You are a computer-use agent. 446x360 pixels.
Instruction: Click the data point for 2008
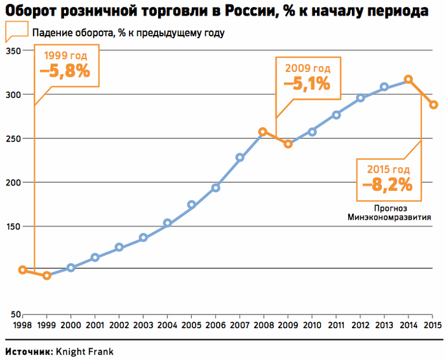pos(263,132)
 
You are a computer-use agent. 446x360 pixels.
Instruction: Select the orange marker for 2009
pos(288,144)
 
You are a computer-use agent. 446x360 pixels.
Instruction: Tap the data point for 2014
pos(408,79)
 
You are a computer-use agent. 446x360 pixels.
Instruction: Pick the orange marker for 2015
pos(433,105)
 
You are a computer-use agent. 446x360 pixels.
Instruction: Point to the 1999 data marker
pos(47,276)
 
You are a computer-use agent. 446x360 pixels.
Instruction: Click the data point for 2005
pos(191,205)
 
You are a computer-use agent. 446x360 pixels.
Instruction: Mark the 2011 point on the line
pos(336,115)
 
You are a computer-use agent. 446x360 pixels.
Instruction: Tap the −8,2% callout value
pos(388,185)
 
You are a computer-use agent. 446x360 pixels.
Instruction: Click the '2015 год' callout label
pos(388,169)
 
